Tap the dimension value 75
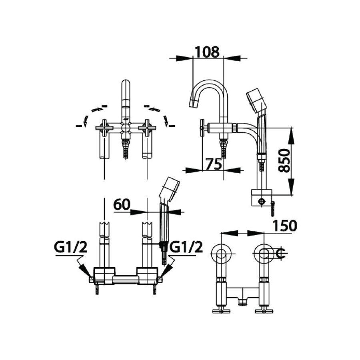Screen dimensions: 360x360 (214, 164)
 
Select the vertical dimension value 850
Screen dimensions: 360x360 (284, 160)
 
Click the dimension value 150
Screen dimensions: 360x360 (285, 226)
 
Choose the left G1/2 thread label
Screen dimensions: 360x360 (71, 248)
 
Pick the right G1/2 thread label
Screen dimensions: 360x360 (186, 248)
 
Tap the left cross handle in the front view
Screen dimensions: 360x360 (104, 128)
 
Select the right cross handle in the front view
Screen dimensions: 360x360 (147, 128)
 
